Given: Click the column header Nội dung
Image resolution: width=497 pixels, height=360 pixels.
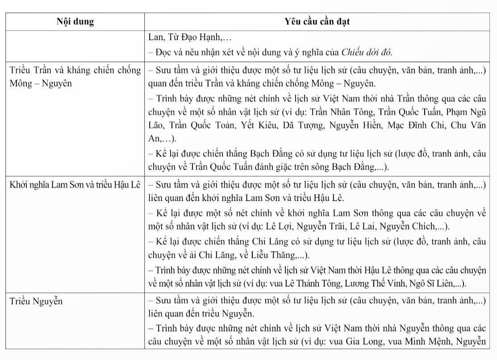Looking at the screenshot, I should tap(75, 21).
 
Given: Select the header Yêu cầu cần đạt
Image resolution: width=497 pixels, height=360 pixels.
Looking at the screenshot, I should tap(317, 21).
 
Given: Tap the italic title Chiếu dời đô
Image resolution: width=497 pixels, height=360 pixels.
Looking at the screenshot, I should tap(367, 52).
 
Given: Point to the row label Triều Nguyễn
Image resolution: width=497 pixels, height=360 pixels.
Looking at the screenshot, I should tap(36, 301).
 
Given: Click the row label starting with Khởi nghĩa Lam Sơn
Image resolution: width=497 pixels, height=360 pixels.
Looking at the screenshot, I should tap(75, 184).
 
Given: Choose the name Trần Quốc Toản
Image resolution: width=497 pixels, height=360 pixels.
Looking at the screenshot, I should tap(209, 125).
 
